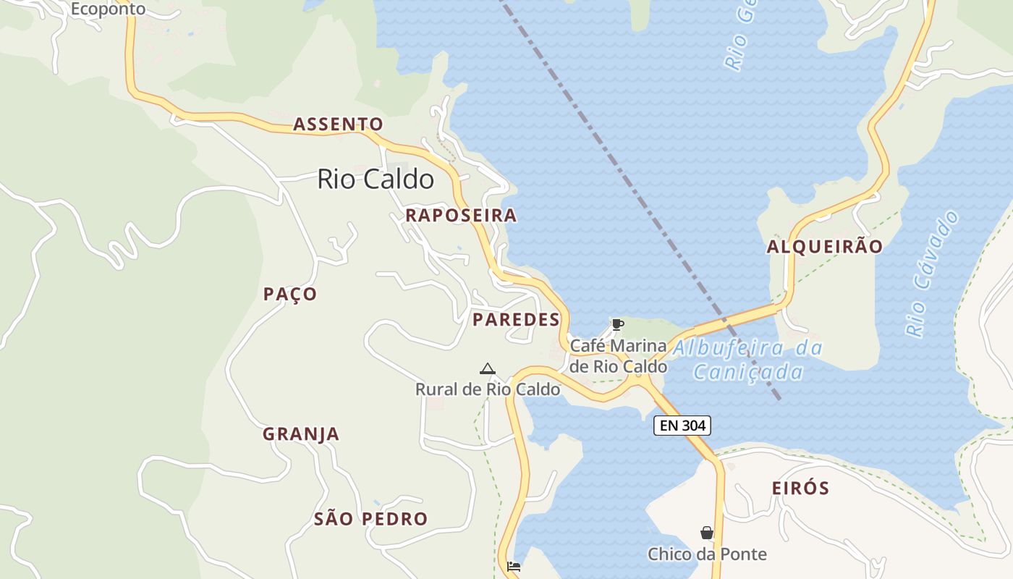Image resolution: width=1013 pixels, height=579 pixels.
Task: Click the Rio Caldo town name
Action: pos(376,179)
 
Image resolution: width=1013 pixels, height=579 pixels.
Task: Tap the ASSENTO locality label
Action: pos(338,124)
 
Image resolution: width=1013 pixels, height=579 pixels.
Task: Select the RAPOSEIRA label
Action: pos(461,215)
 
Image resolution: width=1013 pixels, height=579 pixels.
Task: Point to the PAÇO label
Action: pos(290,294)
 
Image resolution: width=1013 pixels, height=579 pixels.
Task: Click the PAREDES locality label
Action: pos(516,320)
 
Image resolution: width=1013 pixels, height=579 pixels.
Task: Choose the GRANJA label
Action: pos(300,434)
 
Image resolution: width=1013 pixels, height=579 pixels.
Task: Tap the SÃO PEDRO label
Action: pos(370,519)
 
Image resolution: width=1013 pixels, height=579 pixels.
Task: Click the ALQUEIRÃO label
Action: pos(825,247)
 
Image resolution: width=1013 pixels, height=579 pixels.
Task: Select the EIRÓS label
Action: pos(800,488)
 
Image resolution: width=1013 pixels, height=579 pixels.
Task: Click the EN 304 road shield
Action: pos(682,426)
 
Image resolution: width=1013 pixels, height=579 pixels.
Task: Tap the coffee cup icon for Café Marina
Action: pos(617,324)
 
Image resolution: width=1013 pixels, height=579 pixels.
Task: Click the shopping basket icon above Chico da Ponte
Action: pos(707,533)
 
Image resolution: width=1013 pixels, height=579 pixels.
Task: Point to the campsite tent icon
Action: pos(488,369)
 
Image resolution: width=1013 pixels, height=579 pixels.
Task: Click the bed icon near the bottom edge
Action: pos(514,567)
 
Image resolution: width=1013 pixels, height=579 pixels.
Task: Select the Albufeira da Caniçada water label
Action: pos(748,360)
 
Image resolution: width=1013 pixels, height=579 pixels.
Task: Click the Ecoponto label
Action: pos(108,9)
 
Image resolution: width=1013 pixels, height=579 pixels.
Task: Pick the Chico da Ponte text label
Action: pos(707,554)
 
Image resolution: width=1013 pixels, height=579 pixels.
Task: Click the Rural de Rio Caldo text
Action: pos(487,389)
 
